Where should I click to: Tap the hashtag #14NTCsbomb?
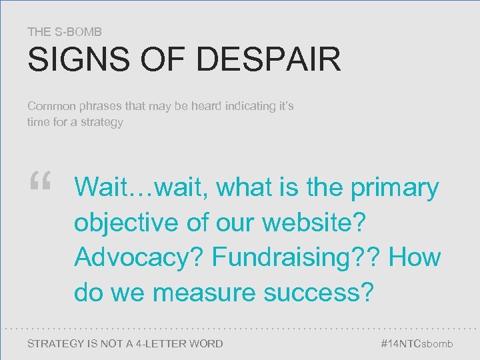tap(416, 343)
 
